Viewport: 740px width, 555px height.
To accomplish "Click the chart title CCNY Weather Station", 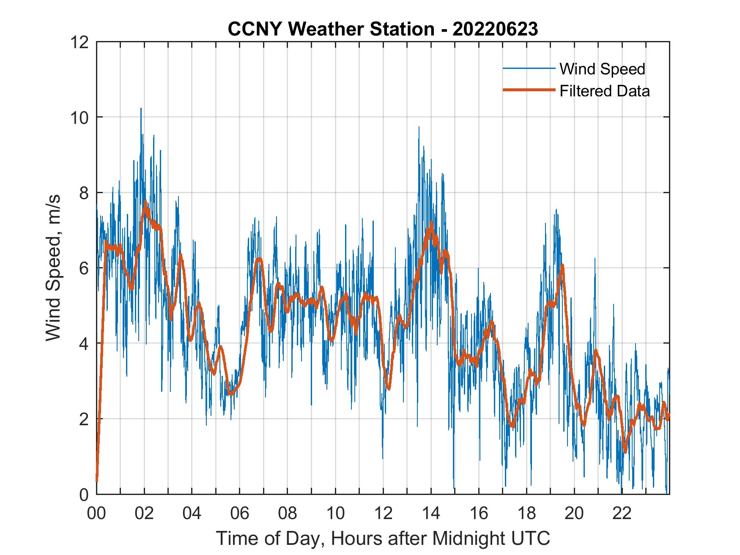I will click(383, 29).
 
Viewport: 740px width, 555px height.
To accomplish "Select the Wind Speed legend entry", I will click(602, 69).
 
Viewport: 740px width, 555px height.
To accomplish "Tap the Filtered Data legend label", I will click(604, 91).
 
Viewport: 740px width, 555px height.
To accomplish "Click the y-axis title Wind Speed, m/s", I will click(54, 268).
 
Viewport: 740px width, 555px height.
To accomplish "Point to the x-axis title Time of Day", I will click(383, 538).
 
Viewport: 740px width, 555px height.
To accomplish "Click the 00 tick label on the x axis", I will click(96, 514).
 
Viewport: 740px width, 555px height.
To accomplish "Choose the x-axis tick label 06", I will click(240, 514).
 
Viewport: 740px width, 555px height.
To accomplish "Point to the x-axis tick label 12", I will click(383, 514).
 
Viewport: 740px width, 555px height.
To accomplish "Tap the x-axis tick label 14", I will click(431, 514).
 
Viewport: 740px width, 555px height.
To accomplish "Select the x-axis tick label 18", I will click(526, 514).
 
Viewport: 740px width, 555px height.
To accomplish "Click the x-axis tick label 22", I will click(622, 514).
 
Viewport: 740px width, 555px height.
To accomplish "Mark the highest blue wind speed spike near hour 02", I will click(141, 109).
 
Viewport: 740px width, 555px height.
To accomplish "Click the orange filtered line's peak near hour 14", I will click(431, 223).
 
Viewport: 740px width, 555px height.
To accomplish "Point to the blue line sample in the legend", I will click(528, 68).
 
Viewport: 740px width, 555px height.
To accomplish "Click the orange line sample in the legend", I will click(528, 90).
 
